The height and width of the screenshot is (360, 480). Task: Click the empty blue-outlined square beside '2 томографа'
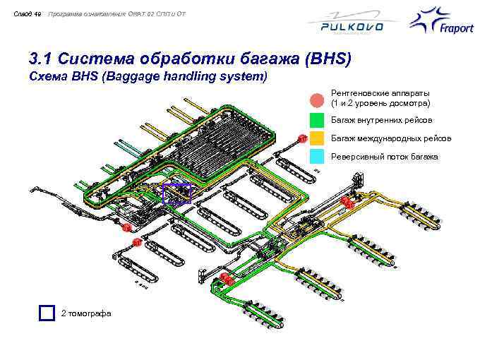pos(47,313)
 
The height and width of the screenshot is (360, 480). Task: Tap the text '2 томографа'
pos(86,313)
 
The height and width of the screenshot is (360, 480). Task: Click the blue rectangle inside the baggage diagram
pos(176,193)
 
